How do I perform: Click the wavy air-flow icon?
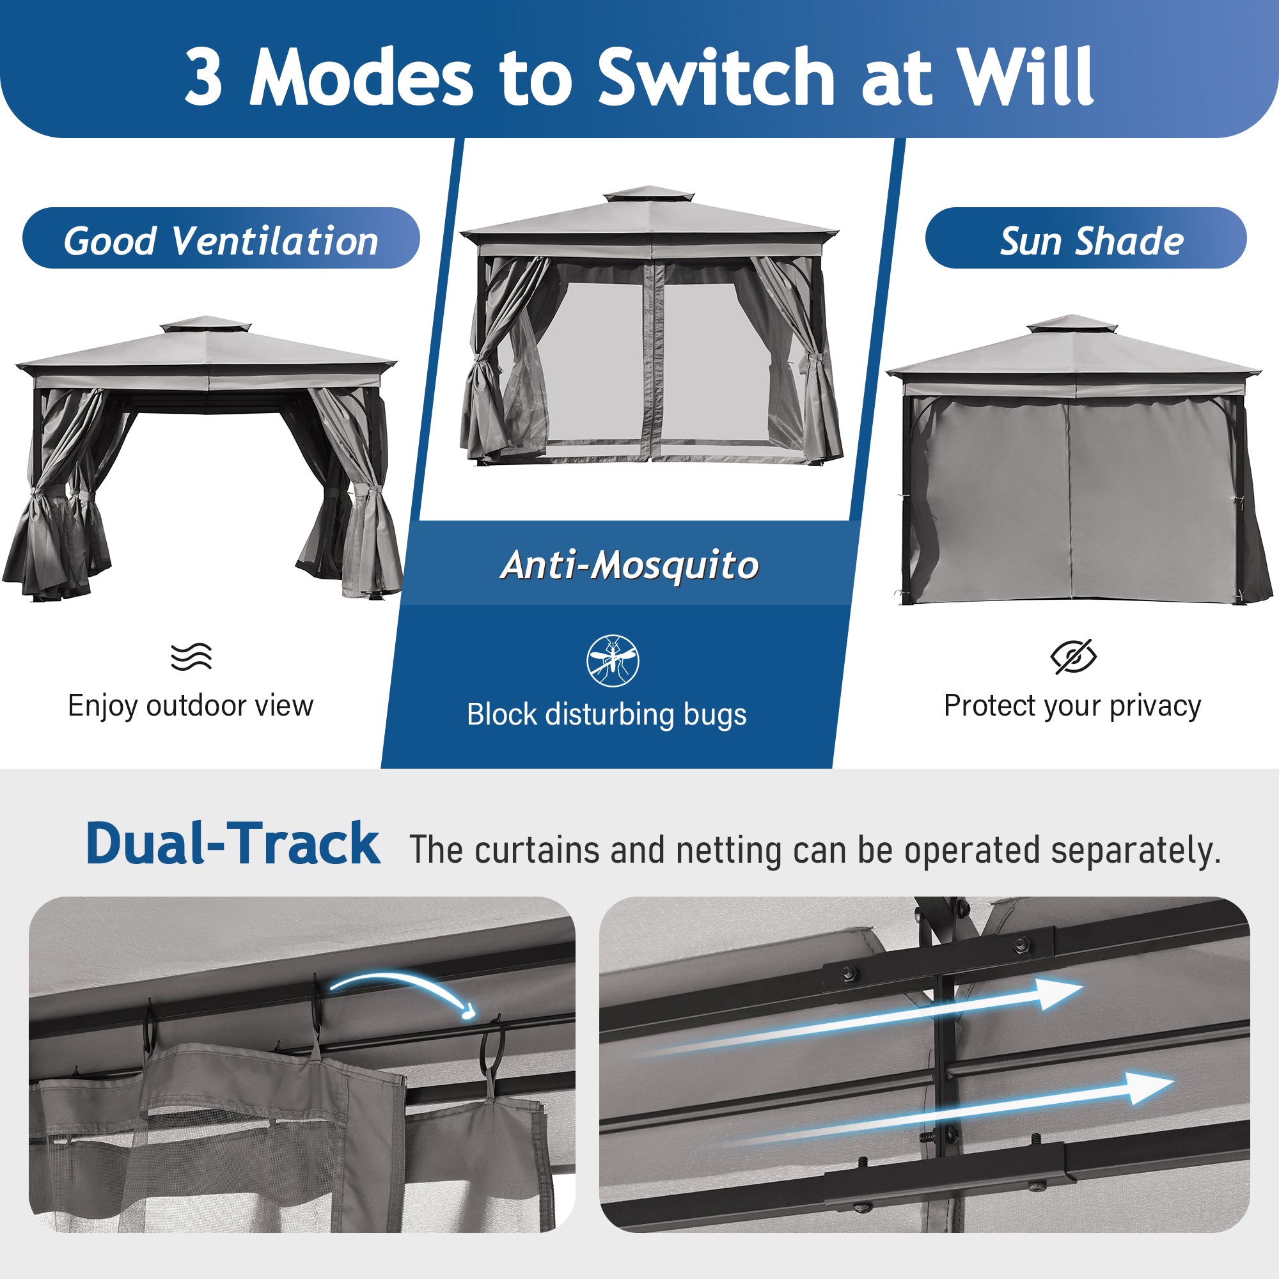(x=191, y=656)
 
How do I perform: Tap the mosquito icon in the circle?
(x=613, y=661)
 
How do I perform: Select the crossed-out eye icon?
(x=1074, y=657)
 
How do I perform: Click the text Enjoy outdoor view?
(x=191, y=706)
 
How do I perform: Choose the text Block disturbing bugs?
(x=607, y=715)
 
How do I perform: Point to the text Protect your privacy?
(x=1072, y=707)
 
